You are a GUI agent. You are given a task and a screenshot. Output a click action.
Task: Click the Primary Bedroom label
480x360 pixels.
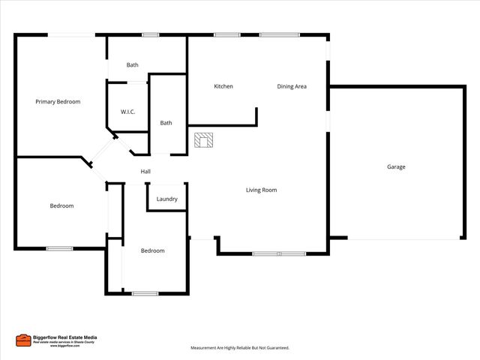pos(58,101)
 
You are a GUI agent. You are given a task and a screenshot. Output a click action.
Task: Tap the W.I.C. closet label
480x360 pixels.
pos(127,112)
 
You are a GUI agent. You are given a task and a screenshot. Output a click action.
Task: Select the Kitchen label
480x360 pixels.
pos(223,86)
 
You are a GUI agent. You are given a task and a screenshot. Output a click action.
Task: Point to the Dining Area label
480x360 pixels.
pos(292,86)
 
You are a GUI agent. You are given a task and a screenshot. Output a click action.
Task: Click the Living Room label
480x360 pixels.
pos(261,190)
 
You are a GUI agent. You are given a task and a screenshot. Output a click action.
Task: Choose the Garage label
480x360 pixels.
pos(396,166)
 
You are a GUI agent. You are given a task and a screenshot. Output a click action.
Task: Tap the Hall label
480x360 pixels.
pos(145,172)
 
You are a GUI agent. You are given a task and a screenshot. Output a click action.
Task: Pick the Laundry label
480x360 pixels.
pos(166,199)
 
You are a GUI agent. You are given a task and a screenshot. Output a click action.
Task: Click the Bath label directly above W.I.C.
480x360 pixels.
pos(132,65)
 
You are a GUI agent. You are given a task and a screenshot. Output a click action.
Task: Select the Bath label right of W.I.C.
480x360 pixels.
pos(166,123)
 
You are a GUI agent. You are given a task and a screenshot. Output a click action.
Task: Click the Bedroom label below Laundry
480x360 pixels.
pos(152,250)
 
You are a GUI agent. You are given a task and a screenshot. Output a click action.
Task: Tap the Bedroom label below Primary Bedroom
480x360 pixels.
pos(61,205)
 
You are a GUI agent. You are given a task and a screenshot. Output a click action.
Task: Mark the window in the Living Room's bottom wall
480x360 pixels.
pos(279,254)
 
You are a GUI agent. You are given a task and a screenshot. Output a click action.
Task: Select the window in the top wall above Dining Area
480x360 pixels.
pos(279,34)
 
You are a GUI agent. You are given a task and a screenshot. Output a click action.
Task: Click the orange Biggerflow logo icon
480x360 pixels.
pos(23,340)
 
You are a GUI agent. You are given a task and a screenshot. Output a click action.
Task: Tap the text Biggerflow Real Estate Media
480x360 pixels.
pos(65,337)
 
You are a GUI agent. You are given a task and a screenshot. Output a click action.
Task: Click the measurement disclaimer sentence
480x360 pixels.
pos(239,348)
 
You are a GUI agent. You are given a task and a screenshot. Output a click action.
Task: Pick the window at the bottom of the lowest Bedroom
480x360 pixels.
pos(145,293)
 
